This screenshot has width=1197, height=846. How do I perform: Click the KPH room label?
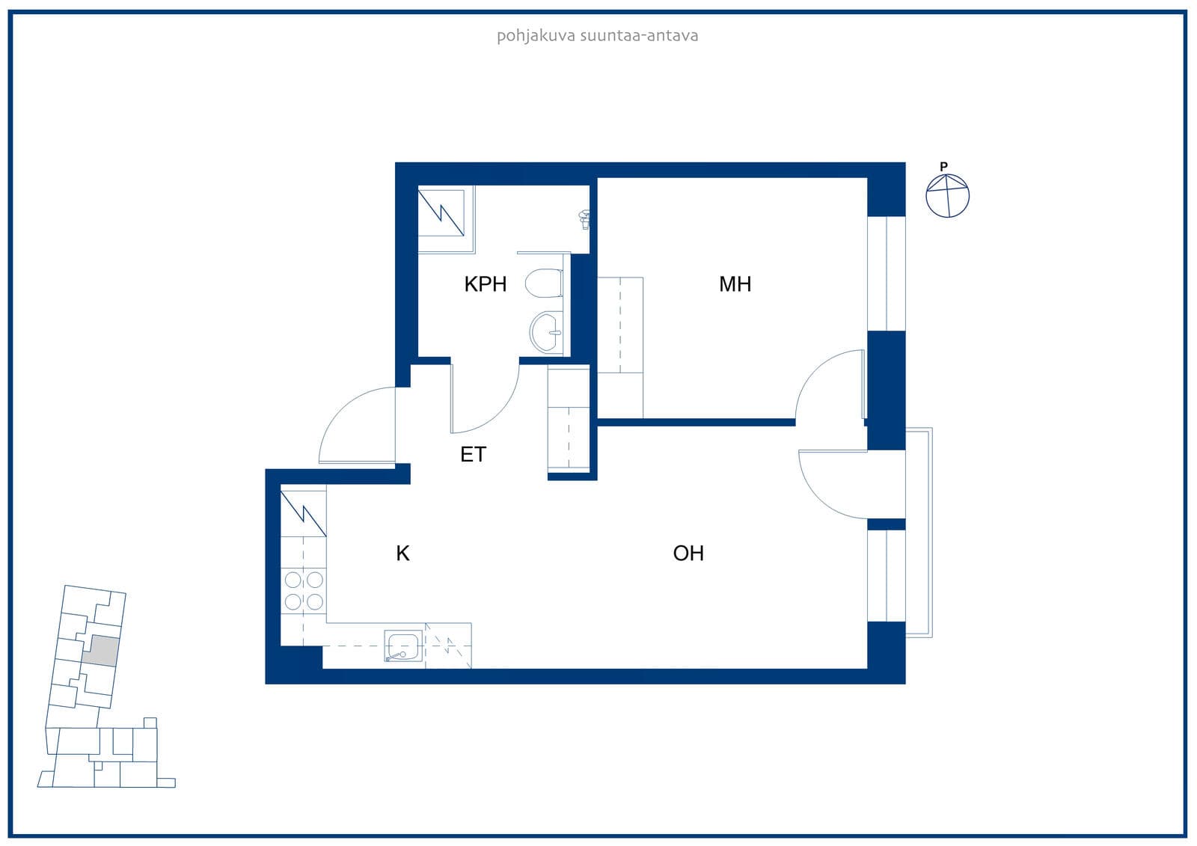click(486, 283)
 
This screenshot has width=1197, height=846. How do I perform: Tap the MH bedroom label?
click(735, 283)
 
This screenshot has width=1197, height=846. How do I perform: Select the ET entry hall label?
click(473, 454)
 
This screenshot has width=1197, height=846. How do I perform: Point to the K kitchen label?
click(403, 553)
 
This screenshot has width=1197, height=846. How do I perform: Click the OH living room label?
click(688, 553)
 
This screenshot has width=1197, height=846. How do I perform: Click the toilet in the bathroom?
click(544, 283)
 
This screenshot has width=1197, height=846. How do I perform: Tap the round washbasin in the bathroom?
click(546, 332)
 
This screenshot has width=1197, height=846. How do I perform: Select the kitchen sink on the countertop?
click(403, 646)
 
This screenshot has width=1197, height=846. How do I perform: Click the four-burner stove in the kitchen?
click(304, 590)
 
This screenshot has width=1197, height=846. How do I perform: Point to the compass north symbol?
click(947, 195)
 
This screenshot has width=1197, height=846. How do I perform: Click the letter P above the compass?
click(943, 166)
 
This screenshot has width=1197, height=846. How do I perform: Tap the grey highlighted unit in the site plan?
click(101, 651)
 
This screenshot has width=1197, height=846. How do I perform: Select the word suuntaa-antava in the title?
click(639, 36)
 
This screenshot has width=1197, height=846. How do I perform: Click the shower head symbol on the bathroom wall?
click(584, 219)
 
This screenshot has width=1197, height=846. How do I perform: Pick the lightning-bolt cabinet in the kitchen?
click(304, 514)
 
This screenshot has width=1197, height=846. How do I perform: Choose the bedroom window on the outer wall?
click(886, 274)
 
